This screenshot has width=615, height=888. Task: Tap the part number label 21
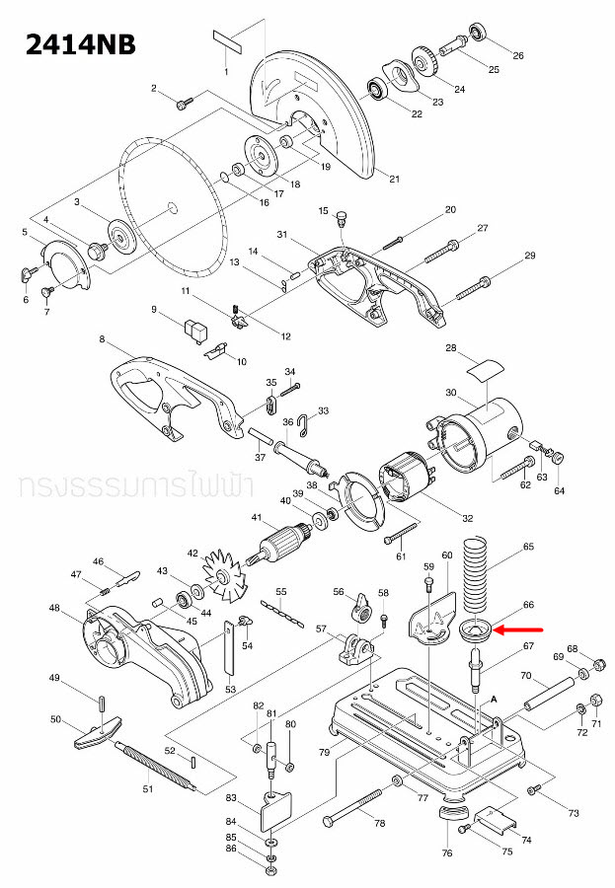point(395,179)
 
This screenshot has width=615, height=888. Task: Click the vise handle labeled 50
point(95,731)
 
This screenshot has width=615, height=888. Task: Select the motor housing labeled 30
point(474,425)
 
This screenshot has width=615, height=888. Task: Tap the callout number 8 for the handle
point(102,339)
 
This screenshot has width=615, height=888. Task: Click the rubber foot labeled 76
point(452,815)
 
